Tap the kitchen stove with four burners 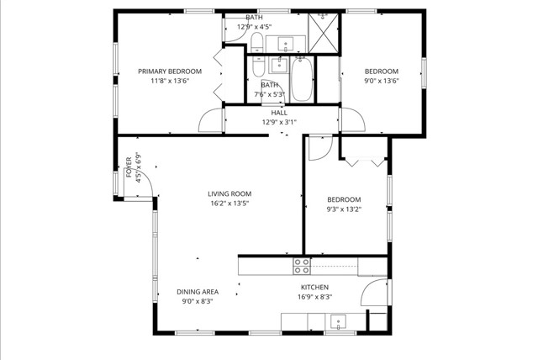click(x=301, y=267)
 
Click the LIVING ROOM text click(x=229, y=193)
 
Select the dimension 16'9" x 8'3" click(x=314, y=297)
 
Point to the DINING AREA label click(x=198, y=292)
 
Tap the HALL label click(x=279, y=113)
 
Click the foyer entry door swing click(x=144, y=183)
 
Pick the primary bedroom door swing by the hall click(x=211, y=122)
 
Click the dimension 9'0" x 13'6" click(x=381, y=82)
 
